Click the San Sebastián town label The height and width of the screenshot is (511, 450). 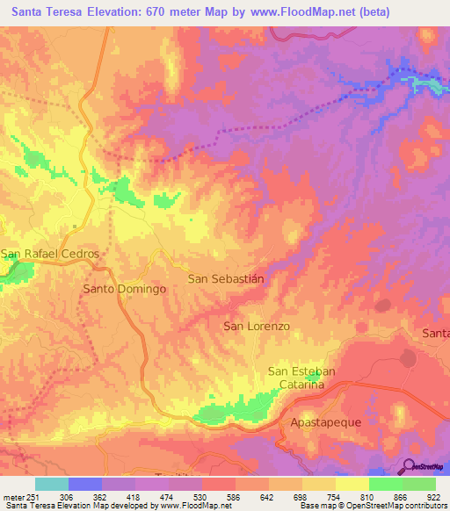227,278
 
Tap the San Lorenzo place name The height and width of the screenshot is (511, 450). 257,326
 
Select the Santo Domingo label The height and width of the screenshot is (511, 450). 125,288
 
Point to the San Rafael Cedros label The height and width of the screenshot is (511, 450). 50,254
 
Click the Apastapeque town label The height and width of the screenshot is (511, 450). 325,422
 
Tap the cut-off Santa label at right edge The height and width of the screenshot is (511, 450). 436,333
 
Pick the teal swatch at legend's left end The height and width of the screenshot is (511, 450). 52,484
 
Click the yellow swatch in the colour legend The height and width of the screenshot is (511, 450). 352,484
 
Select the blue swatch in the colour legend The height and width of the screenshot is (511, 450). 85,484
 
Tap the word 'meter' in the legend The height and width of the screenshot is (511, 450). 13,496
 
